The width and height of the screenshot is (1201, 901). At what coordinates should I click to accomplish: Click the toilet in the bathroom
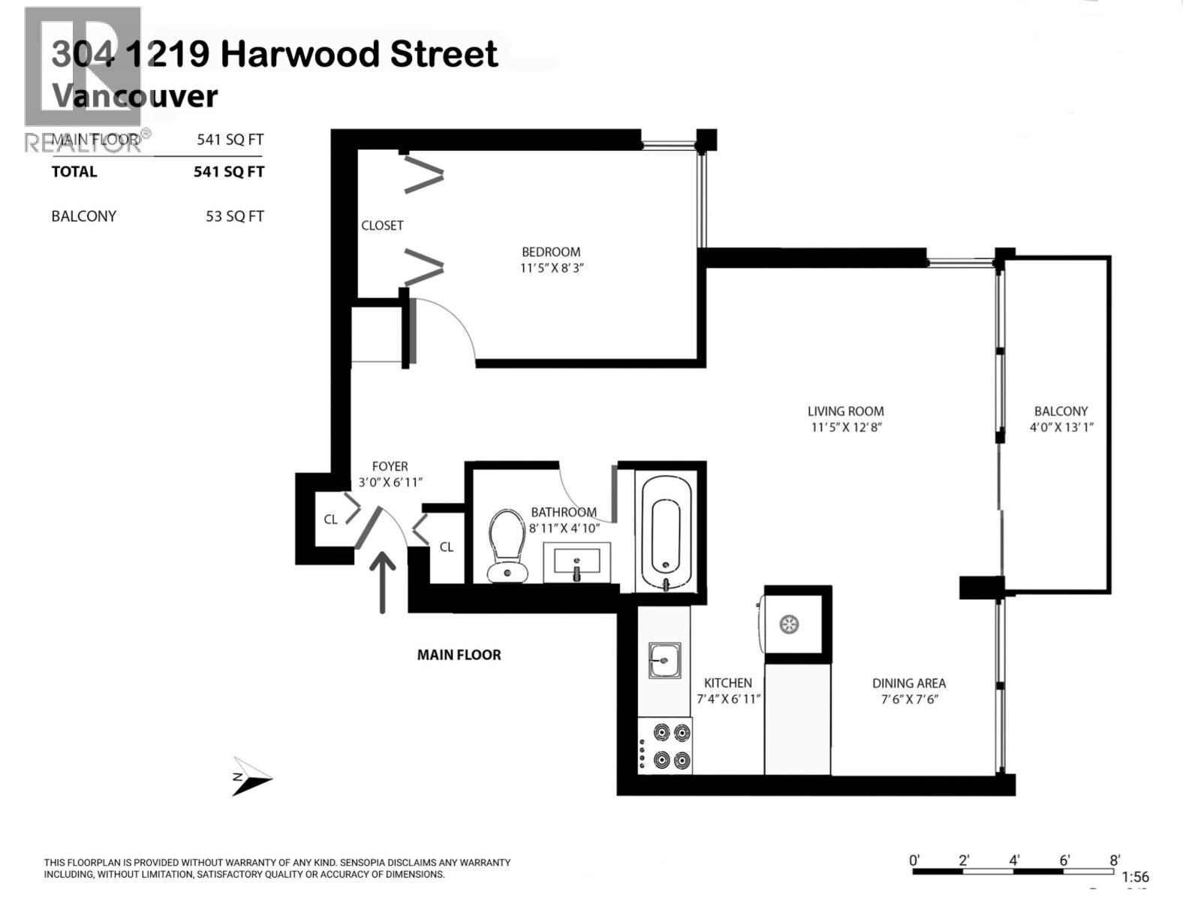coord(506,545)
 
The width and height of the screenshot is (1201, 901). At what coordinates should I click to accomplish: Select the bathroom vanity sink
coord(576,562)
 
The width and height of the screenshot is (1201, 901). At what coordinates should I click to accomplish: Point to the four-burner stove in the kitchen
coord(665,745)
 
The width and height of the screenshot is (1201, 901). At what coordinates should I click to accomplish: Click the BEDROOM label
coord(551,252)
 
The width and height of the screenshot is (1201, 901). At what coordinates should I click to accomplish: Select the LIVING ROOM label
coord(845,411)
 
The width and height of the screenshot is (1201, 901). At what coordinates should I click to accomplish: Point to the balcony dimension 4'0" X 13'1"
coord(1061,427)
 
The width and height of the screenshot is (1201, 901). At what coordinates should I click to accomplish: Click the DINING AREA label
coord(908,683)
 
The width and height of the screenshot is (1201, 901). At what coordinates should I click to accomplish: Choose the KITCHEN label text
coord(727,683)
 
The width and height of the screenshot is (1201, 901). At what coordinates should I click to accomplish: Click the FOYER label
coord(390,466)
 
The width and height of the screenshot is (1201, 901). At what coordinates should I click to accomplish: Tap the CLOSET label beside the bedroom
coord(382,225)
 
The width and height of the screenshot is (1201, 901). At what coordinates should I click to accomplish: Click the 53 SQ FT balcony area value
coord(234,216)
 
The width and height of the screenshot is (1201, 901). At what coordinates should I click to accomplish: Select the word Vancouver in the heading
coord(134,96)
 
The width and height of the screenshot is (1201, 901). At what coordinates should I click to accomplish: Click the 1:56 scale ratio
coord(1135,877)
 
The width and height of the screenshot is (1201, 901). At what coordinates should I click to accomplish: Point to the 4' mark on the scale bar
coord(1013,860)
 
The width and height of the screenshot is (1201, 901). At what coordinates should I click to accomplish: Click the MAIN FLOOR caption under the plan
coord(459,655)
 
